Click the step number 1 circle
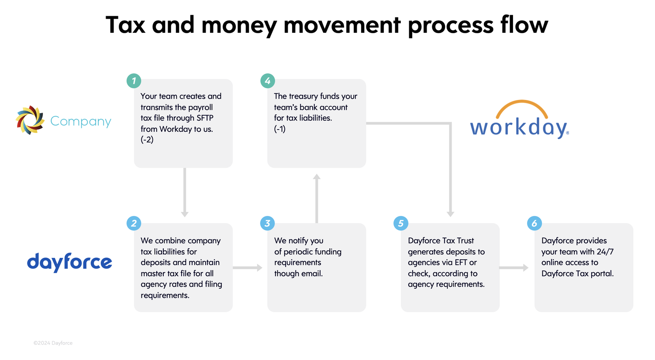pos(134,81)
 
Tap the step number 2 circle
pos(134,223)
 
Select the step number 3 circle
pos(267,223)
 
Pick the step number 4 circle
pos(267,81)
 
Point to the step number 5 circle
pos(401,223)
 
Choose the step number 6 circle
pos(534,223)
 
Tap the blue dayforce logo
pos(69,262)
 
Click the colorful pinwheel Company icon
pos(30,120)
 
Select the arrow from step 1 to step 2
pos(185,192)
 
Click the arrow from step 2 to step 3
pos(247,267)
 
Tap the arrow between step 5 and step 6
pos(514,267)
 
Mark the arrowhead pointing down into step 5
pos(450,213)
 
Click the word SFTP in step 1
pos(205,118)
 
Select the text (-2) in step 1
pos(147,140)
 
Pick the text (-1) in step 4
pos(280,129)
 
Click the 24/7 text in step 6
pos(605,252)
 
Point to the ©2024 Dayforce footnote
pos(53,343)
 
